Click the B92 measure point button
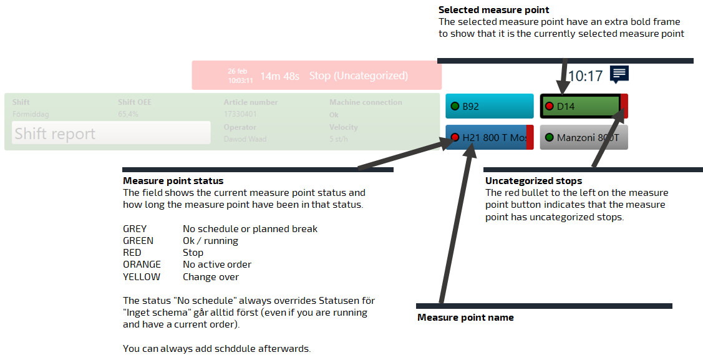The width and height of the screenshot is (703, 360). [490, 106]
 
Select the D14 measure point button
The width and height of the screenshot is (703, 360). [581, 106]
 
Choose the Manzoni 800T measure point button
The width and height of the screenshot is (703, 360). [584, 137]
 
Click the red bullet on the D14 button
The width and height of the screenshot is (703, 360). [550, 107]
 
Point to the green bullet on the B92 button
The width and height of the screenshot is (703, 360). [455, 107]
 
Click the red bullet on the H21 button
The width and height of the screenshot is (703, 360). [455, 137]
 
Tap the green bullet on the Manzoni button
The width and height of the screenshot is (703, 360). [550, 137]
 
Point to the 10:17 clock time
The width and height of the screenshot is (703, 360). [585, 76]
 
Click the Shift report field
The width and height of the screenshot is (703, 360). [111, 133]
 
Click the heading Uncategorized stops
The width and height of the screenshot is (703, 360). [533, 181]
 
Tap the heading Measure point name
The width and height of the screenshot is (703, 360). [465, 318]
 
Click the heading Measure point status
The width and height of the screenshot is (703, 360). [173, 181]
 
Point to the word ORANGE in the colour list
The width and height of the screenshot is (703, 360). [142, 265]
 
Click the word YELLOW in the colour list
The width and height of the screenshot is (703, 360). [142, 276]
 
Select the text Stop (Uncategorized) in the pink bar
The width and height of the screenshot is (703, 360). [358, 75]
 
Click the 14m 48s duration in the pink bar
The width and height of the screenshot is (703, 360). [279, 76]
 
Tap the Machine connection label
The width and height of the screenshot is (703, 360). [366, 102]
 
